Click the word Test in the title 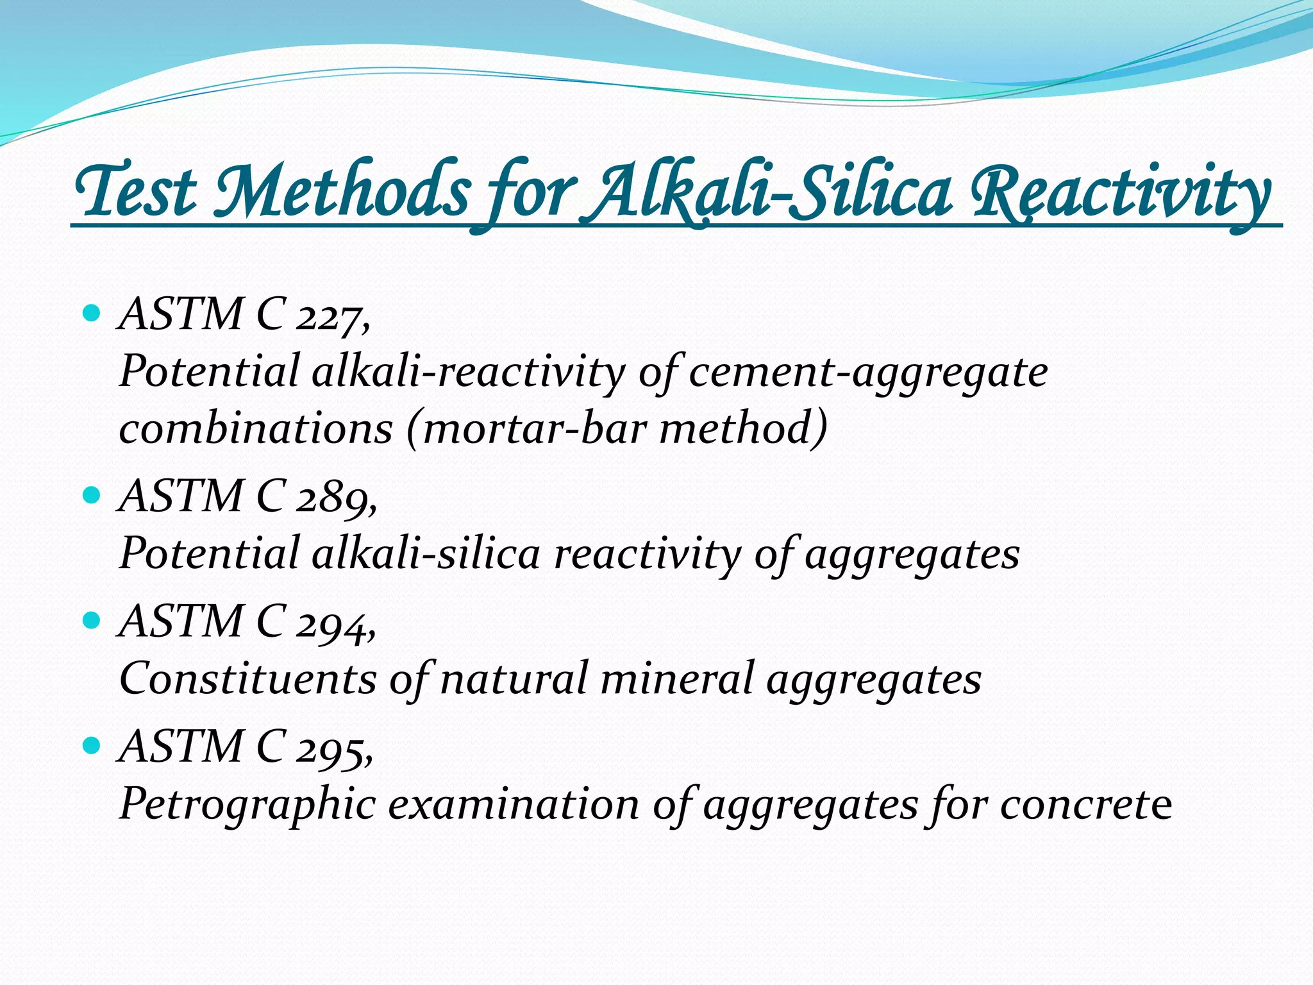(136, 191)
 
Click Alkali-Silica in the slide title (773, 191)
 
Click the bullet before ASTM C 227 (92, 314)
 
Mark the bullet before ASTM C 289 (92, 495)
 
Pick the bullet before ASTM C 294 (92, 620)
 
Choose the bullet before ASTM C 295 (92, 745)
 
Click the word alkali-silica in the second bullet (426, 553)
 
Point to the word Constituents (247, 678)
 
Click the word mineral (676, 678)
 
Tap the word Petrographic (247, 804)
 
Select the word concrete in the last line (1086, 804)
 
